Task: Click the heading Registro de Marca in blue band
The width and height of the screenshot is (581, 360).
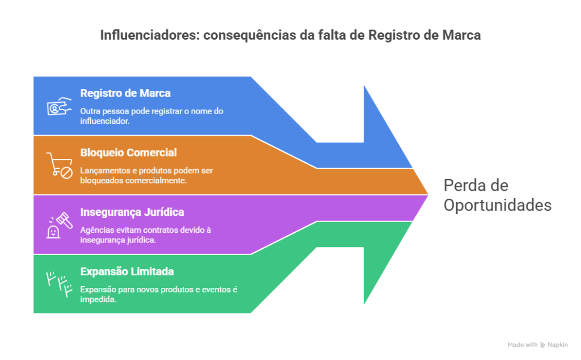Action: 125,93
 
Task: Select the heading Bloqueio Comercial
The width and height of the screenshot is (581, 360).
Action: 128,153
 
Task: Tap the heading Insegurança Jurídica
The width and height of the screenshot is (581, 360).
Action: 132,212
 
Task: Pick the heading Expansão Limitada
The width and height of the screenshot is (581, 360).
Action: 127,271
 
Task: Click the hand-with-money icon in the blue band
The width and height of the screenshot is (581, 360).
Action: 59,106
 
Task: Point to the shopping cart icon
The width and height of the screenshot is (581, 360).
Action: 59,165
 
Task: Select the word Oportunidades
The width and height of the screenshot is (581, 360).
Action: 497,205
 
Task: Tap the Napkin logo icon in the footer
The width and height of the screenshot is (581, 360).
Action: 543,345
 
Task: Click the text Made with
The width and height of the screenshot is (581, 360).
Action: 523,345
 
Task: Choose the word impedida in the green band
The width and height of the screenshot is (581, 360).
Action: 98,300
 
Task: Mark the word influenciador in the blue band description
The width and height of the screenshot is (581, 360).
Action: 105,122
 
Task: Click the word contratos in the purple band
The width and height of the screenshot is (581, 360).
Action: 149,230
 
